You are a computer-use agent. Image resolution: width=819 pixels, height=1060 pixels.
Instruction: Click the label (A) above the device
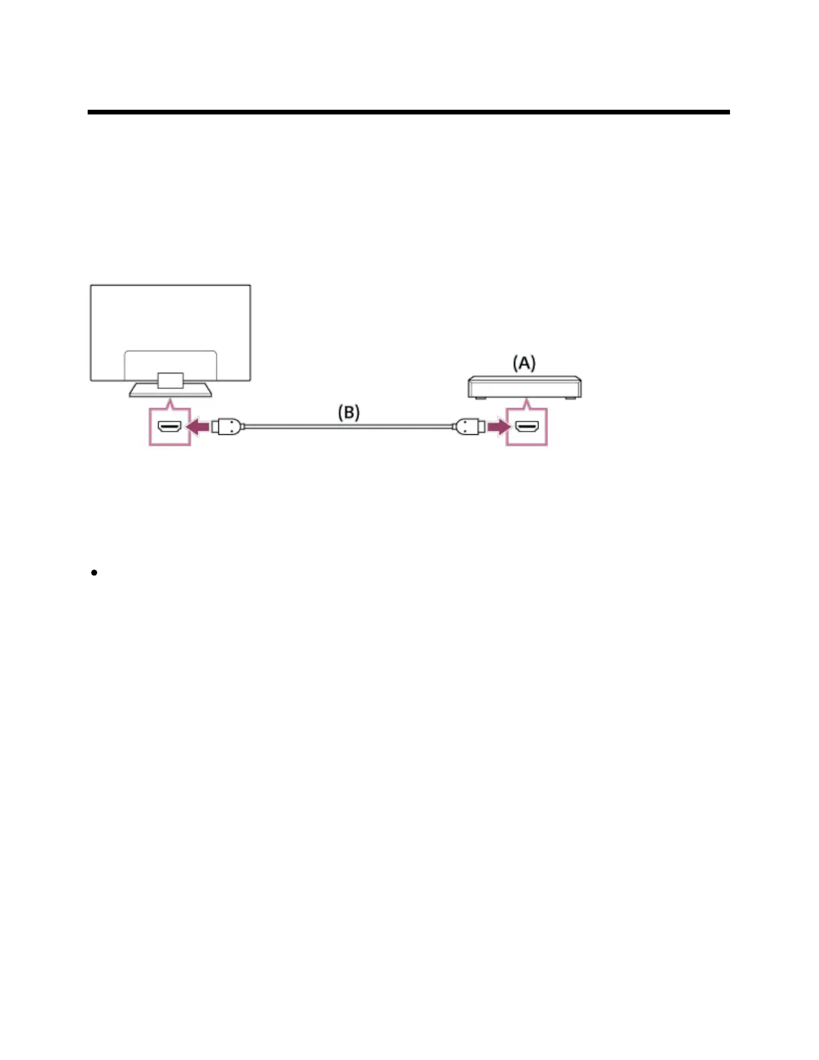click(x=524, y=363)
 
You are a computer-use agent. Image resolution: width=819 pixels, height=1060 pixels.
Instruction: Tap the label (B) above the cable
click(x=348, y=412)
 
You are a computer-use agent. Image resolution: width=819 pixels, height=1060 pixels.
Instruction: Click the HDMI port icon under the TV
click(x=169, y=426)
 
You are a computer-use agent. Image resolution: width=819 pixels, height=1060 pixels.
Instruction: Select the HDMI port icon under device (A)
click(x=527, y=426)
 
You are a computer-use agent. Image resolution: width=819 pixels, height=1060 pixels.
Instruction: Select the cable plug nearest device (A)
click(x=468, y=426)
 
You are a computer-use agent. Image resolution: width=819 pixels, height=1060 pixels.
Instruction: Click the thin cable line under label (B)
click(x=348, y=426)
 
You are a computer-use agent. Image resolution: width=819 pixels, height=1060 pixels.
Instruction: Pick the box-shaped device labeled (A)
click(x=524, y=387)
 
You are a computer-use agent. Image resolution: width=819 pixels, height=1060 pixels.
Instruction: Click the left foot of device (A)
click(x=480, y=398)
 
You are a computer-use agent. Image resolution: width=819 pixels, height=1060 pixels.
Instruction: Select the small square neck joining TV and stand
click(x=171, y=380)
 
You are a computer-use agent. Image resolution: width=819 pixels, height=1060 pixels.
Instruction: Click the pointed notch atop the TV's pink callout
click(x=171, y=404)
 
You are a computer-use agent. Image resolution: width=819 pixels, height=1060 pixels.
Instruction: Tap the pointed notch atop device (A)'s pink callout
click(x=527, y=404)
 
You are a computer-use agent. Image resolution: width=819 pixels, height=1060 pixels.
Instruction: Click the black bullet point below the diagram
click(x=94, y=572)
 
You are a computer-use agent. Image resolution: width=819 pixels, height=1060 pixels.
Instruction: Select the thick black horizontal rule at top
click(x=408, y=112)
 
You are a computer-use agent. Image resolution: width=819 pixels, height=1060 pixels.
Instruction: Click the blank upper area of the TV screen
click(x=171, y=315)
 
